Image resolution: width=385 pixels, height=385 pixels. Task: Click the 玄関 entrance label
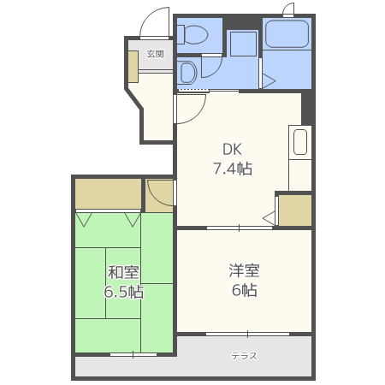point(155,53)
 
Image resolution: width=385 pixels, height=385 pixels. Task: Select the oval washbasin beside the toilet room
point(187,71)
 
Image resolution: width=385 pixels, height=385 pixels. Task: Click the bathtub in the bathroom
point(287,34)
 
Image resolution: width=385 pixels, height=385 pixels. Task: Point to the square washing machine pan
point(244,44)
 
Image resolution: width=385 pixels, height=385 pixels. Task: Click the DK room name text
point(233,148)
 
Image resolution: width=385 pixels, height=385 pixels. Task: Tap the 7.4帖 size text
point(233,169)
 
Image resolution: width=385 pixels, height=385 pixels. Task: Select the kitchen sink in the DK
point(299,142)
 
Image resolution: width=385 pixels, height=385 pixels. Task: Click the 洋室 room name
point(244,270)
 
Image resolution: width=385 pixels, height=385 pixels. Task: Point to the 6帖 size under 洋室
point(244,290)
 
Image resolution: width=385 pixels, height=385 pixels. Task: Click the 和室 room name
point(124,273)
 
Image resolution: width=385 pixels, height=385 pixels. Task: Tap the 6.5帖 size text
point(124,293)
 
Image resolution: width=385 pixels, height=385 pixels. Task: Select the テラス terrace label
point(244,356)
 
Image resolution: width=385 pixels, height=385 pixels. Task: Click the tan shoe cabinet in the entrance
point(133,67)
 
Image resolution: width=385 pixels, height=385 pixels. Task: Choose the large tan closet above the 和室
point(108,194)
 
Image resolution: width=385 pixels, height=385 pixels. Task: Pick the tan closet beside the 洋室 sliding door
point(295,210)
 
